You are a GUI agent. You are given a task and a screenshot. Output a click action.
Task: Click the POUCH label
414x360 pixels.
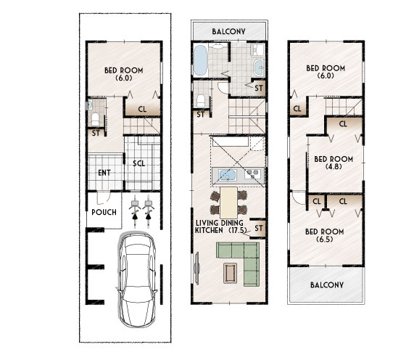(x=104, y=212)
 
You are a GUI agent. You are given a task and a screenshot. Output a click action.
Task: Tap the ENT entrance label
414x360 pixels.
(x=104, y=173)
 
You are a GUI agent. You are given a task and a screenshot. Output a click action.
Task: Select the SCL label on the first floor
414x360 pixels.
(x=139, y=163)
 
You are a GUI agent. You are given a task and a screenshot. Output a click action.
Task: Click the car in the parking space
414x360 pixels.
(x=137, y=279)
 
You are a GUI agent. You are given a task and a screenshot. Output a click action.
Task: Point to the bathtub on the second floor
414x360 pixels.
(x=200, y=60)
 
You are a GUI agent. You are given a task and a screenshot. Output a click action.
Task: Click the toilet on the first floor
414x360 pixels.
(x=95, y=119)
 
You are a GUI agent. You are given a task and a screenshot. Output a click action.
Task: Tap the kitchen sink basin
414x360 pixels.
(x=228, y=175)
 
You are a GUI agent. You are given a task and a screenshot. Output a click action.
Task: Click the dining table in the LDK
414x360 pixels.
(x=228, y=202)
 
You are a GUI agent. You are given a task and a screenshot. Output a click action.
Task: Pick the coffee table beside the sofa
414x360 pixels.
(x=231, y=273)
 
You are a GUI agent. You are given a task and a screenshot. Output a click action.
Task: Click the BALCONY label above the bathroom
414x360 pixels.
(x=228, y=31)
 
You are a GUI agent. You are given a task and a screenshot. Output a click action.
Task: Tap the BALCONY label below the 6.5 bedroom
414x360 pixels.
(x=327, y=285)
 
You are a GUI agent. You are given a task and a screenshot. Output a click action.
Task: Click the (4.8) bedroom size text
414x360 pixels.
(x=334, y=166)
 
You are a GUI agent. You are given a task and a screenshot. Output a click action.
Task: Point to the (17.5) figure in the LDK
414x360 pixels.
(x=237, y=230)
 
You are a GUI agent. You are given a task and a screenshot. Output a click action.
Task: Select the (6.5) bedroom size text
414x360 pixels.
(x=325, y=240)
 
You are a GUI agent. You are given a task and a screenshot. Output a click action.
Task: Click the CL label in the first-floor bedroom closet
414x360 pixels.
(x=142, y=109)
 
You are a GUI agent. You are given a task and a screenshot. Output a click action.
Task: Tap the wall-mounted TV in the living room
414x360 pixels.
(x=196, y=268)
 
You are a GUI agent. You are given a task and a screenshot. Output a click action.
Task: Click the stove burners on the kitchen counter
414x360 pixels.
(x=252, y=174)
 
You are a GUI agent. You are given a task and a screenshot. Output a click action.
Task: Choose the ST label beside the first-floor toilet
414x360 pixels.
(x=96, y=133)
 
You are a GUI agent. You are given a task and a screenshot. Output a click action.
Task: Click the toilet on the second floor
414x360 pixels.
(x=201, y=101)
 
